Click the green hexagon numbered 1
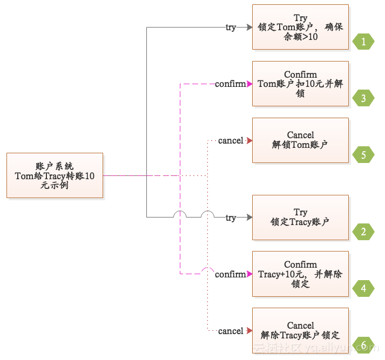point(363,41)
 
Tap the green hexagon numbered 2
point(363,232)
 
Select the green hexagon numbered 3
point(363,98)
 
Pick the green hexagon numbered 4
point(363,289)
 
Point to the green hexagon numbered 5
point(363,155)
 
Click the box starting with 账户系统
point(55,175)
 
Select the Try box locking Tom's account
point(300,27)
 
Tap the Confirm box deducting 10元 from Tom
point(300,84)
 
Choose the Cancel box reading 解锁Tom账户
point(300,140)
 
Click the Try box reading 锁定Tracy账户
point(300,217)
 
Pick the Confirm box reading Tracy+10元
point(300,274)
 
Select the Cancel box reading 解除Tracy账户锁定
point(300,330)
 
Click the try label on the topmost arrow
point(231,27)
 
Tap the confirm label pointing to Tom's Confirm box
point(230,84)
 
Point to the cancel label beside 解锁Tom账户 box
point(231,141)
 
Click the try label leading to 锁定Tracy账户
point(231,218)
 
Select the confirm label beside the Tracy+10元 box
point(230,274)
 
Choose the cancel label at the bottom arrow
point(231,331)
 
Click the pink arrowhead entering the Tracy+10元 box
point(249,274)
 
